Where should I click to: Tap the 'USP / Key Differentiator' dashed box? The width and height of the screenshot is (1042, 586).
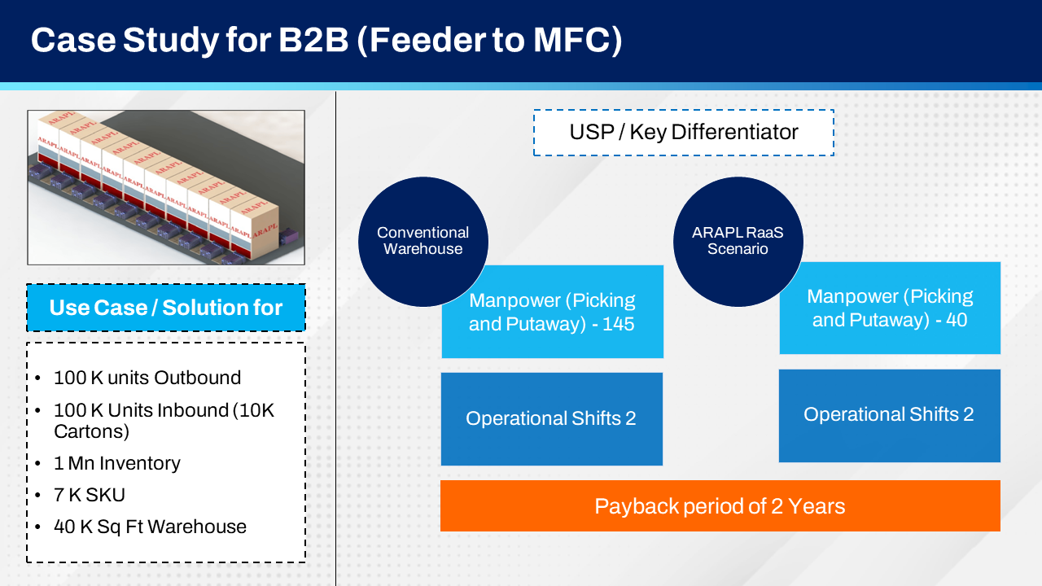pos(683,133)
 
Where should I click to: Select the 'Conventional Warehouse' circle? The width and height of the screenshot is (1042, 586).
pos(422,241)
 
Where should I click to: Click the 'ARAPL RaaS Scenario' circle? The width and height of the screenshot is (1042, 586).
pos(738,241)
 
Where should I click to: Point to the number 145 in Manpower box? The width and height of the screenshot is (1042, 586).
pos(618,324)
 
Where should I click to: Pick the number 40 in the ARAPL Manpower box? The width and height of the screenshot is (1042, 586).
pos(957,320)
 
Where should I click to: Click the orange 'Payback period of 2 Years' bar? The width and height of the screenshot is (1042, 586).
pos(720,506)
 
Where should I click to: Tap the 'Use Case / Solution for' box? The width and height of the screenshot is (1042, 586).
pos(166,308)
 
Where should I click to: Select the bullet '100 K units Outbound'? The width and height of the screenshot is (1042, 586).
pos(147,378)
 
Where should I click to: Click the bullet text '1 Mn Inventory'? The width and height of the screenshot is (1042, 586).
pos(117,463)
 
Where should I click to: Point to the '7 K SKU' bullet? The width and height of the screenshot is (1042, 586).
pos(90,495)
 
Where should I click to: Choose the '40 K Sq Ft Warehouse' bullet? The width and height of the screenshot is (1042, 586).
pos(150,527)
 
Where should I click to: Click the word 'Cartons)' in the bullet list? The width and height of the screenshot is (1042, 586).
pos(92,431)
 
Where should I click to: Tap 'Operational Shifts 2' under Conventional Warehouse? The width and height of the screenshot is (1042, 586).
pos(551,418)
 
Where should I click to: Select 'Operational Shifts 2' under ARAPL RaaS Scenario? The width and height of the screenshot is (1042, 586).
pos(889,414)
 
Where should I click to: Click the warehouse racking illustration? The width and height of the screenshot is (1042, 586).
pos(166,187)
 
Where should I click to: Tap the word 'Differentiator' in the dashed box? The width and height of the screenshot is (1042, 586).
pos(735,133)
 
